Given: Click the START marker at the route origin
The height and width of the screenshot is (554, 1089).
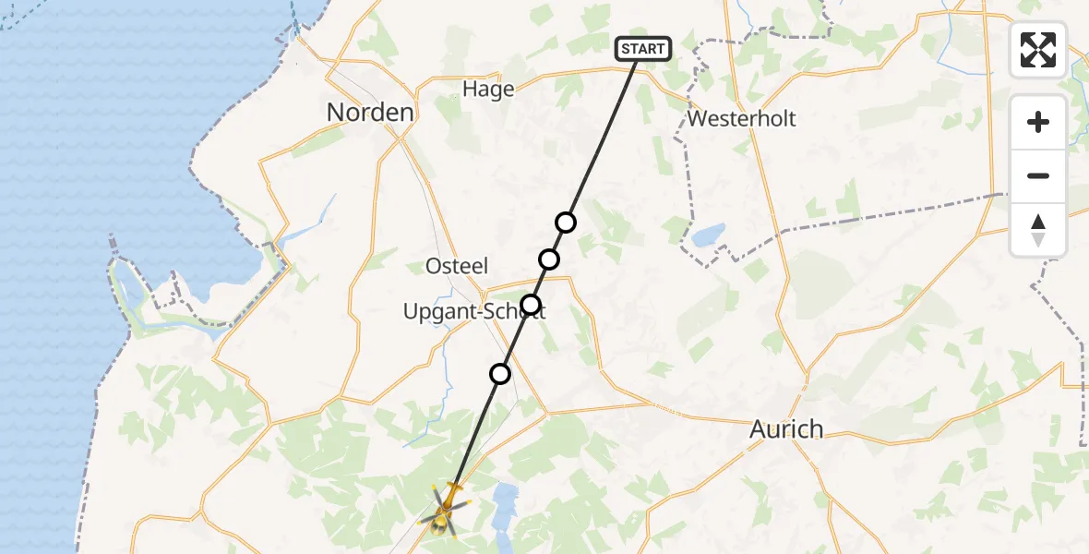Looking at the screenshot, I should click(x=642, y=49).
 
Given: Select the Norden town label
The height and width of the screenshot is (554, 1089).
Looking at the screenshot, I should click(x=370, y=113).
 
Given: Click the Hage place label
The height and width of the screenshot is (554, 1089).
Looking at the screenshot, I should click(x=488, y=89).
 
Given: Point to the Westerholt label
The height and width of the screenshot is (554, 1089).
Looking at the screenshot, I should click(x=742, y=119).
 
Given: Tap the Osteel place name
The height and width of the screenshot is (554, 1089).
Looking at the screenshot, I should click(x=456, y=266).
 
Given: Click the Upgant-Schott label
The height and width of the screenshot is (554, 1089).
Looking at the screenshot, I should click(x=473, y=312).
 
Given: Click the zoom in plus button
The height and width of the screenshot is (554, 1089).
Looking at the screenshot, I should click(x=1038, y=122).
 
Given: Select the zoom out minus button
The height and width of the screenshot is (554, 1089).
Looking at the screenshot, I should click(x=1038, y=175).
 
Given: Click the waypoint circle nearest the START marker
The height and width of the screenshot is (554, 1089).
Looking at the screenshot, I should click(x=566, y=223).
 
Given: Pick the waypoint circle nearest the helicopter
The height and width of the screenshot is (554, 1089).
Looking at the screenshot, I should click(x=500, y=374).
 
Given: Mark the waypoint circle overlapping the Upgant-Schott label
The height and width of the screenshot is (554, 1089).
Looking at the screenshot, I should click(x=531, y=305).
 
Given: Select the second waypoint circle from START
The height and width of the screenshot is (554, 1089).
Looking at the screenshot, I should click(x=549, y=259).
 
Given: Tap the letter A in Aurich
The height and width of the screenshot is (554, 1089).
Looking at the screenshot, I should click(x=758, y=429).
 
